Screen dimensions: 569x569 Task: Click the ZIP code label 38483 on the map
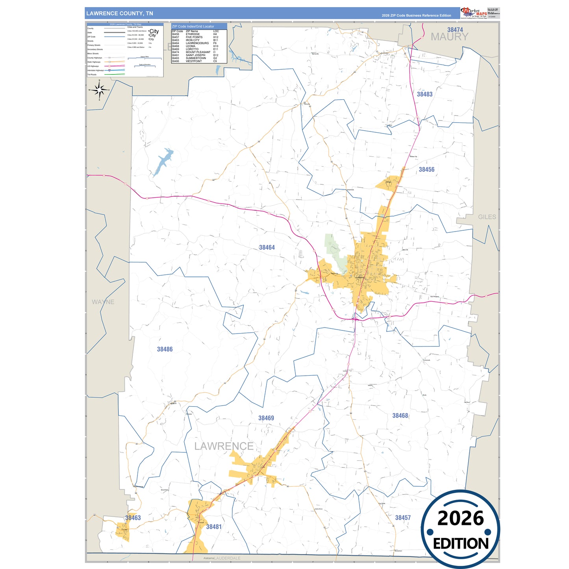[424, 94]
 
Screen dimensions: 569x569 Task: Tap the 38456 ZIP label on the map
[426, 169]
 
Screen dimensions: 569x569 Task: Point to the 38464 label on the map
[267, 247]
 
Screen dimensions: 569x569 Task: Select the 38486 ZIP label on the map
[165, 349]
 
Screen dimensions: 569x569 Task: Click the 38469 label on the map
[266, 418]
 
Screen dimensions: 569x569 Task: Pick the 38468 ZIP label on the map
[400, 415]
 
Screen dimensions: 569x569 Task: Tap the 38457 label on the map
[403, 518]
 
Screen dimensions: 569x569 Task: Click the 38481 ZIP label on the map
[214, 527]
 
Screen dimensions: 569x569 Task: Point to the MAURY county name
[449, 37]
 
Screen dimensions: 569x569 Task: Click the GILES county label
[487, 217]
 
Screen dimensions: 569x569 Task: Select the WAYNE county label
[103, 302]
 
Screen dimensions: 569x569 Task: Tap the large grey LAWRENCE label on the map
[224, 446]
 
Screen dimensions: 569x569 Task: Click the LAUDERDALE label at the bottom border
[228, 558]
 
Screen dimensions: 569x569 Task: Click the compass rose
[99, 90]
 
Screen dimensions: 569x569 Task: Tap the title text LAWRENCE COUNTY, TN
[120, 13]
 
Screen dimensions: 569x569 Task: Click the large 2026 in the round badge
[460, 518]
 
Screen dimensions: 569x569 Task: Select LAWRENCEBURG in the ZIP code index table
[197, 43]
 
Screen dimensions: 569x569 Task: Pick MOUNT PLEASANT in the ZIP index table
[198, 52]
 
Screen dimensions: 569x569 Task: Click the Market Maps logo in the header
[473, 13]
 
